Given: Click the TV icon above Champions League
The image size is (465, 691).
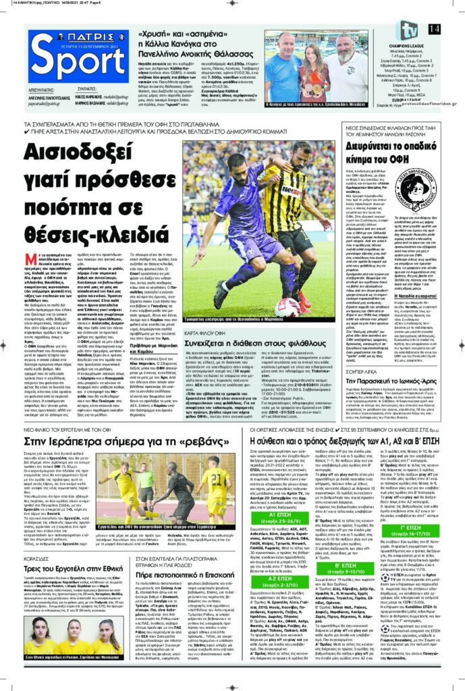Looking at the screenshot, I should coord(409,30).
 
